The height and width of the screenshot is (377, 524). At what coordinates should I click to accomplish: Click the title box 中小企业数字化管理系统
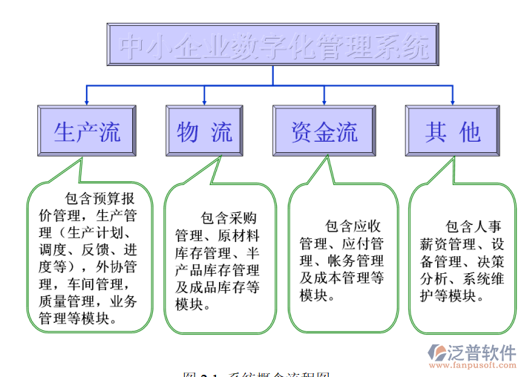pyautogui.click(x=274, y=45)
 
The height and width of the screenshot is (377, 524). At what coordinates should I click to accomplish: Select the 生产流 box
pyautogui.click(x=87, y=131)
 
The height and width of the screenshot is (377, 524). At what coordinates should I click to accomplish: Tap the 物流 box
pyautogui.click(x=205, y=131)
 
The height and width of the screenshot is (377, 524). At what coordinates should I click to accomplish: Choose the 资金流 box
pyautogui.click(x=324, y=131)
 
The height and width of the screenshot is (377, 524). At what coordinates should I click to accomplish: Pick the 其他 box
pyautogui.click(x=453, y=131)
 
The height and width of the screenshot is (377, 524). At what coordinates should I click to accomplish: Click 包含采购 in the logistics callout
pyautogui.click(x=229, y=219)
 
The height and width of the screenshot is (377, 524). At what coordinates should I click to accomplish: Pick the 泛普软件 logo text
pyautogui.click(x=482, y=352)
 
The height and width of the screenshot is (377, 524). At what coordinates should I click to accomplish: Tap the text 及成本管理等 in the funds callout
pyautogui.click(x=341, y=278)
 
